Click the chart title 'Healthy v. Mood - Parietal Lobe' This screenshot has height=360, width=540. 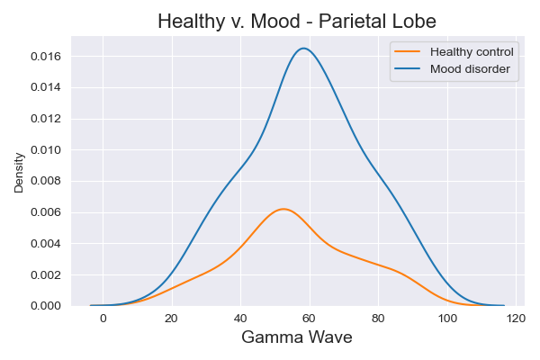[297, 21]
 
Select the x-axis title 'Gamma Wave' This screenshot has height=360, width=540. [297, 337]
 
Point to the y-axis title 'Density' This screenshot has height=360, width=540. [19, 171]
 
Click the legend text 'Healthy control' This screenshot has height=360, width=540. [472, 51]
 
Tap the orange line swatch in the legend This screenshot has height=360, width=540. [409, 51]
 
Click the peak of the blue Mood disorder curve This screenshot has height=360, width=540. [304, 49]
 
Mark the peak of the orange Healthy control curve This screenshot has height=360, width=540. [283, 209]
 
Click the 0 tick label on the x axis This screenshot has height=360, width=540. [103, 319]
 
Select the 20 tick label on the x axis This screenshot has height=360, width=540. [172, 319]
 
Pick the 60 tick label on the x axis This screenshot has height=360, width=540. [310, 319]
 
